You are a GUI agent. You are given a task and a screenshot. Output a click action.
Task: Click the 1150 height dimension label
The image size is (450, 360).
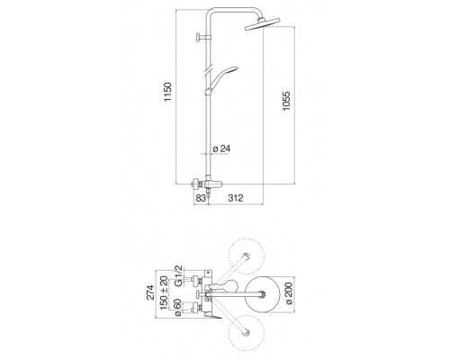168,92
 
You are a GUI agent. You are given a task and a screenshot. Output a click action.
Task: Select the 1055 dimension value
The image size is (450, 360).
286,101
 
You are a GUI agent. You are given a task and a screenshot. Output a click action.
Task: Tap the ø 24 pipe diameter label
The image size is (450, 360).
221,148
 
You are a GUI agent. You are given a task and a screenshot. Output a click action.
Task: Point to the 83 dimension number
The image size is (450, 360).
201,198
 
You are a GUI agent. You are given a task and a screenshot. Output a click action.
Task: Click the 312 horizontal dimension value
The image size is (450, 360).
236,198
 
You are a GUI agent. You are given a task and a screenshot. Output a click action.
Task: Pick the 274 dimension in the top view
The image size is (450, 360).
150,292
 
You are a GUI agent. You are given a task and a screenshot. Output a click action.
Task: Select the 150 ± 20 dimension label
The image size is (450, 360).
164,292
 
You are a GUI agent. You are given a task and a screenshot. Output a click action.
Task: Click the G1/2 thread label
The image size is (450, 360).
178,275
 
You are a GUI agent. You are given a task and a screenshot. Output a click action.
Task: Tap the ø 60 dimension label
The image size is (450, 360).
177,307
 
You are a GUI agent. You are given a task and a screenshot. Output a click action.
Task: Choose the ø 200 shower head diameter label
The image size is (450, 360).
288,293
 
